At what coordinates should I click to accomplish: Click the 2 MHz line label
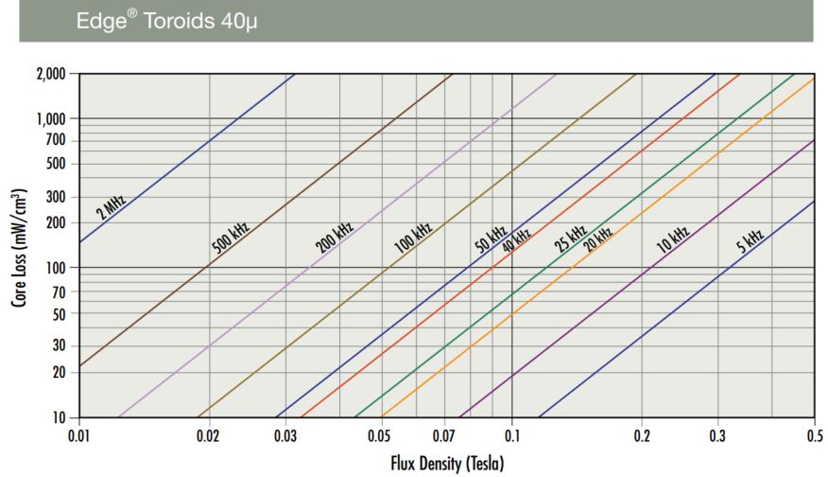[x=111, y=206]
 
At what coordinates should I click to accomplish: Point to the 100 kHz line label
[x=412, y=237]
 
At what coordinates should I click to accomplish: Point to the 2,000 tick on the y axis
[x=51, y=74]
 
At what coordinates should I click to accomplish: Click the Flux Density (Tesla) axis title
[x=445, y=464]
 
